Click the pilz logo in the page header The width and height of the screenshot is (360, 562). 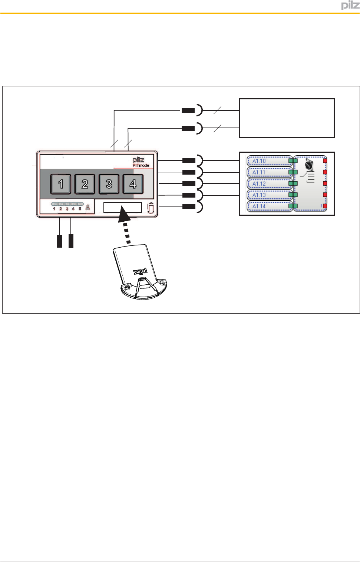point(350,6)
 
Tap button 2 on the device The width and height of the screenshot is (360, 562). point(85,184)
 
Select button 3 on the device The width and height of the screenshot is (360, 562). point(109,184)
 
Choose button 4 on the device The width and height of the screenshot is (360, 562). point(133,184)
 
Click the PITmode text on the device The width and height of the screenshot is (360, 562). point(141,165)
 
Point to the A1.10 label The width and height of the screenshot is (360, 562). point(259,161)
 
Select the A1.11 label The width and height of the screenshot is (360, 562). point(259,172)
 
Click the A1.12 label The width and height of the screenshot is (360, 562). point(259,184)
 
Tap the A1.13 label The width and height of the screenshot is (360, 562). point(259,195)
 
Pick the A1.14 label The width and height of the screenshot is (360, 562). point(259,206)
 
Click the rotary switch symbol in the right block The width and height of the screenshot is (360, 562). point(309,165)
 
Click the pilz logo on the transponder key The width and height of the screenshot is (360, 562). point(141,272)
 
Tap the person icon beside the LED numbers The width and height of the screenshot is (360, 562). point(88,208)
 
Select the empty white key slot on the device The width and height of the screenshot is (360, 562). point(123,207)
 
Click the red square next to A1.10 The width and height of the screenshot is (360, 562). point(325,161)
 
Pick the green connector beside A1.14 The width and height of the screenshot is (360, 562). point(293,206)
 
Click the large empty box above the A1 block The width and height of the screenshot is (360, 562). point(287,118)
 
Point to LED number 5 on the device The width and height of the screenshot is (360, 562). point(80,209)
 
